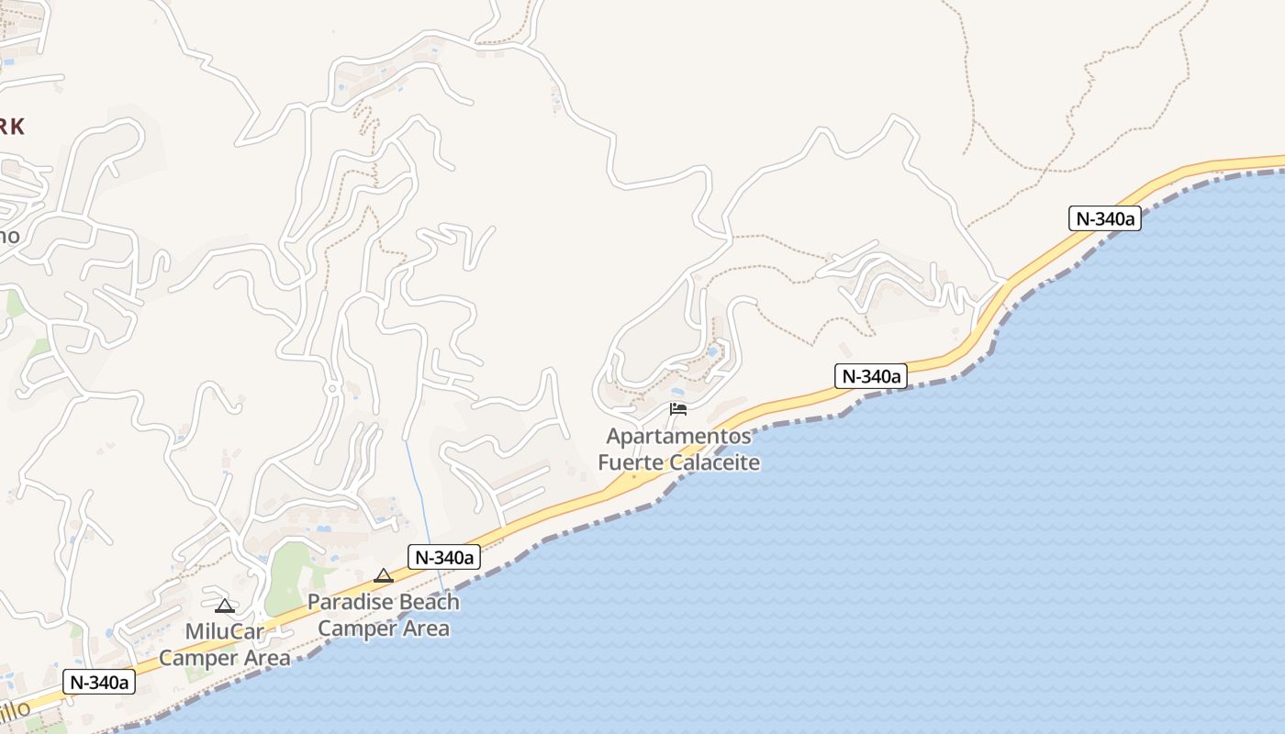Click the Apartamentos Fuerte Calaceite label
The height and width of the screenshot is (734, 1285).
pyautogui.click(x=678, y=449)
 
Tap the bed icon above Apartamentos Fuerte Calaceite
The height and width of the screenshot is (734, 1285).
pyautogui.click(x=678, y=408)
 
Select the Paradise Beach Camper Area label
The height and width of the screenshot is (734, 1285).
pyautogui.click(x=384, y=616)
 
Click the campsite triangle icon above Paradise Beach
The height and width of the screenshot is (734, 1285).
pyautogui.click(x=384, y=576)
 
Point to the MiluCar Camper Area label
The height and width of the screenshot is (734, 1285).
pyautogui.click(x=225, y=645)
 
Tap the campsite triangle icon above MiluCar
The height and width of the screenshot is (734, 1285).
pyautogui.click(x=225, y=606)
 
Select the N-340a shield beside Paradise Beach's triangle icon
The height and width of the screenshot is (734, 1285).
pyautogui.click(x=444, y=557)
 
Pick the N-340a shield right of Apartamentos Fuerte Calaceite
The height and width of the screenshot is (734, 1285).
pyautogui.click(x=870, y=375)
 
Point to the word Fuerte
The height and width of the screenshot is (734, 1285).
pyautogui.click(x=631, y=462)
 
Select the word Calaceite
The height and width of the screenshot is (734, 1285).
pyautogui.click(x=714, y=462)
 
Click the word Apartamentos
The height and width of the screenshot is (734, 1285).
pyautogui.click(x=678, y=436)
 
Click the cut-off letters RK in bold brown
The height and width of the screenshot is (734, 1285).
pyautogui.click(x=11, y=127)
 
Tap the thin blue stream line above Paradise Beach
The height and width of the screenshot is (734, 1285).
pyautogui.click(x=417, y=495)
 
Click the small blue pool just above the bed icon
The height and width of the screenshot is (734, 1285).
pyautogui.click(x=713, y=351)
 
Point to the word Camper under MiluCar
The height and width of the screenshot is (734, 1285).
pyautogui.click(x=199, y=658)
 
